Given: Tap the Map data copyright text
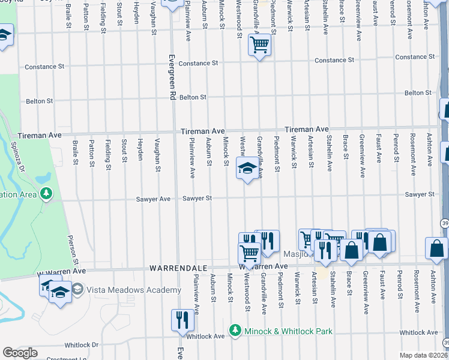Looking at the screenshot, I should click(x=423, y=355).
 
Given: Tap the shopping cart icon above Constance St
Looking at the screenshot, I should click(x=259, y=45).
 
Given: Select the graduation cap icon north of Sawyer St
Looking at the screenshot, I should click(x=247, y=169).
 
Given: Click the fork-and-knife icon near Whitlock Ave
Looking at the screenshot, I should click(x=182, y=320).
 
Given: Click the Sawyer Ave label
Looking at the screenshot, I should click(x=157, y=199).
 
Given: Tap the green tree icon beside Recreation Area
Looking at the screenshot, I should click(x=45, y=194).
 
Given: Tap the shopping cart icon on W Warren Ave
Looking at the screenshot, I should click(x=248, y=252).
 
